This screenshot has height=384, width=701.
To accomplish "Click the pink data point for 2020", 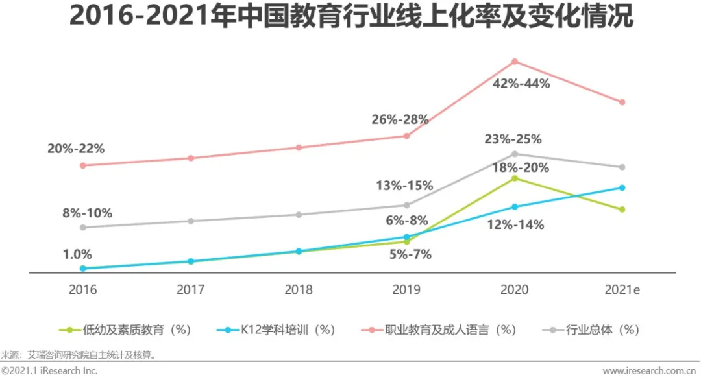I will pos(515,62).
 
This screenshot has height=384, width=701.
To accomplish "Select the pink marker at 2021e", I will pos(622,102).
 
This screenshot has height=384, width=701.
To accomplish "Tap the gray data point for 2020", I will pos(515,154).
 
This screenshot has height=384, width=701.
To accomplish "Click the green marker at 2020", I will pos(515,178).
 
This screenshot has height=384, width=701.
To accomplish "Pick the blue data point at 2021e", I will pos(622,187).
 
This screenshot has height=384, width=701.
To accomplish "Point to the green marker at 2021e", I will pos(622,210).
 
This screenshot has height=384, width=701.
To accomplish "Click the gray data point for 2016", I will pos(82,227).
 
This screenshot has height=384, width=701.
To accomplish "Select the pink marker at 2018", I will pos(299,147).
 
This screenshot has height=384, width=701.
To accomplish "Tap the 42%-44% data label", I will pos(521,84).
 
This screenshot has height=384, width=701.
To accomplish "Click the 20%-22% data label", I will pos(76,149).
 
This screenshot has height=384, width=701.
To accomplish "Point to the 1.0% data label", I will pos(77,254).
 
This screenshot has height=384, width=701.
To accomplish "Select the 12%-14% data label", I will pos(515,225).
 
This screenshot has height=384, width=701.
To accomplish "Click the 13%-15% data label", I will pos(404,186).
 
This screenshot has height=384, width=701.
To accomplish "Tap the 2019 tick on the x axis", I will pos(406,290).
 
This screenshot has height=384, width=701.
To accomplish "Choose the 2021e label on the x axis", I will pos(622,290).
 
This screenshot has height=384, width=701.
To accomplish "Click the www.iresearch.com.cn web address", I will pos(650,371).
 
